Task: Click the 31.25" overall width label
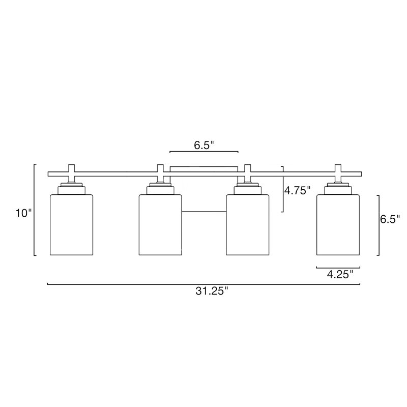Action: click(212, 291)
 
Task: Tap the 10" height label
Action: click(23, 213)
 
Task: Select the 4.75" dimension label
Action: click(297, 191)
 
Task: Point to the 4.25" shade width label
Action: click(340, 274)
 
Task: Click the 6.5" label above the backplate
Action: click(204, 146)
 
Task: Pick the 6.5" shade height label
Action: click(390, 219)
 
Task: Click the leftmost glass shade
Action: click(71, 225)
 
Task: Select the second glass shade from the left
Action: click(160, 225)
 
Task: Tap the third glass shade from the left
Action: click(248, 225)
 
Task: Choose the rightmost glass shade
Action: click(338, 225)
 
